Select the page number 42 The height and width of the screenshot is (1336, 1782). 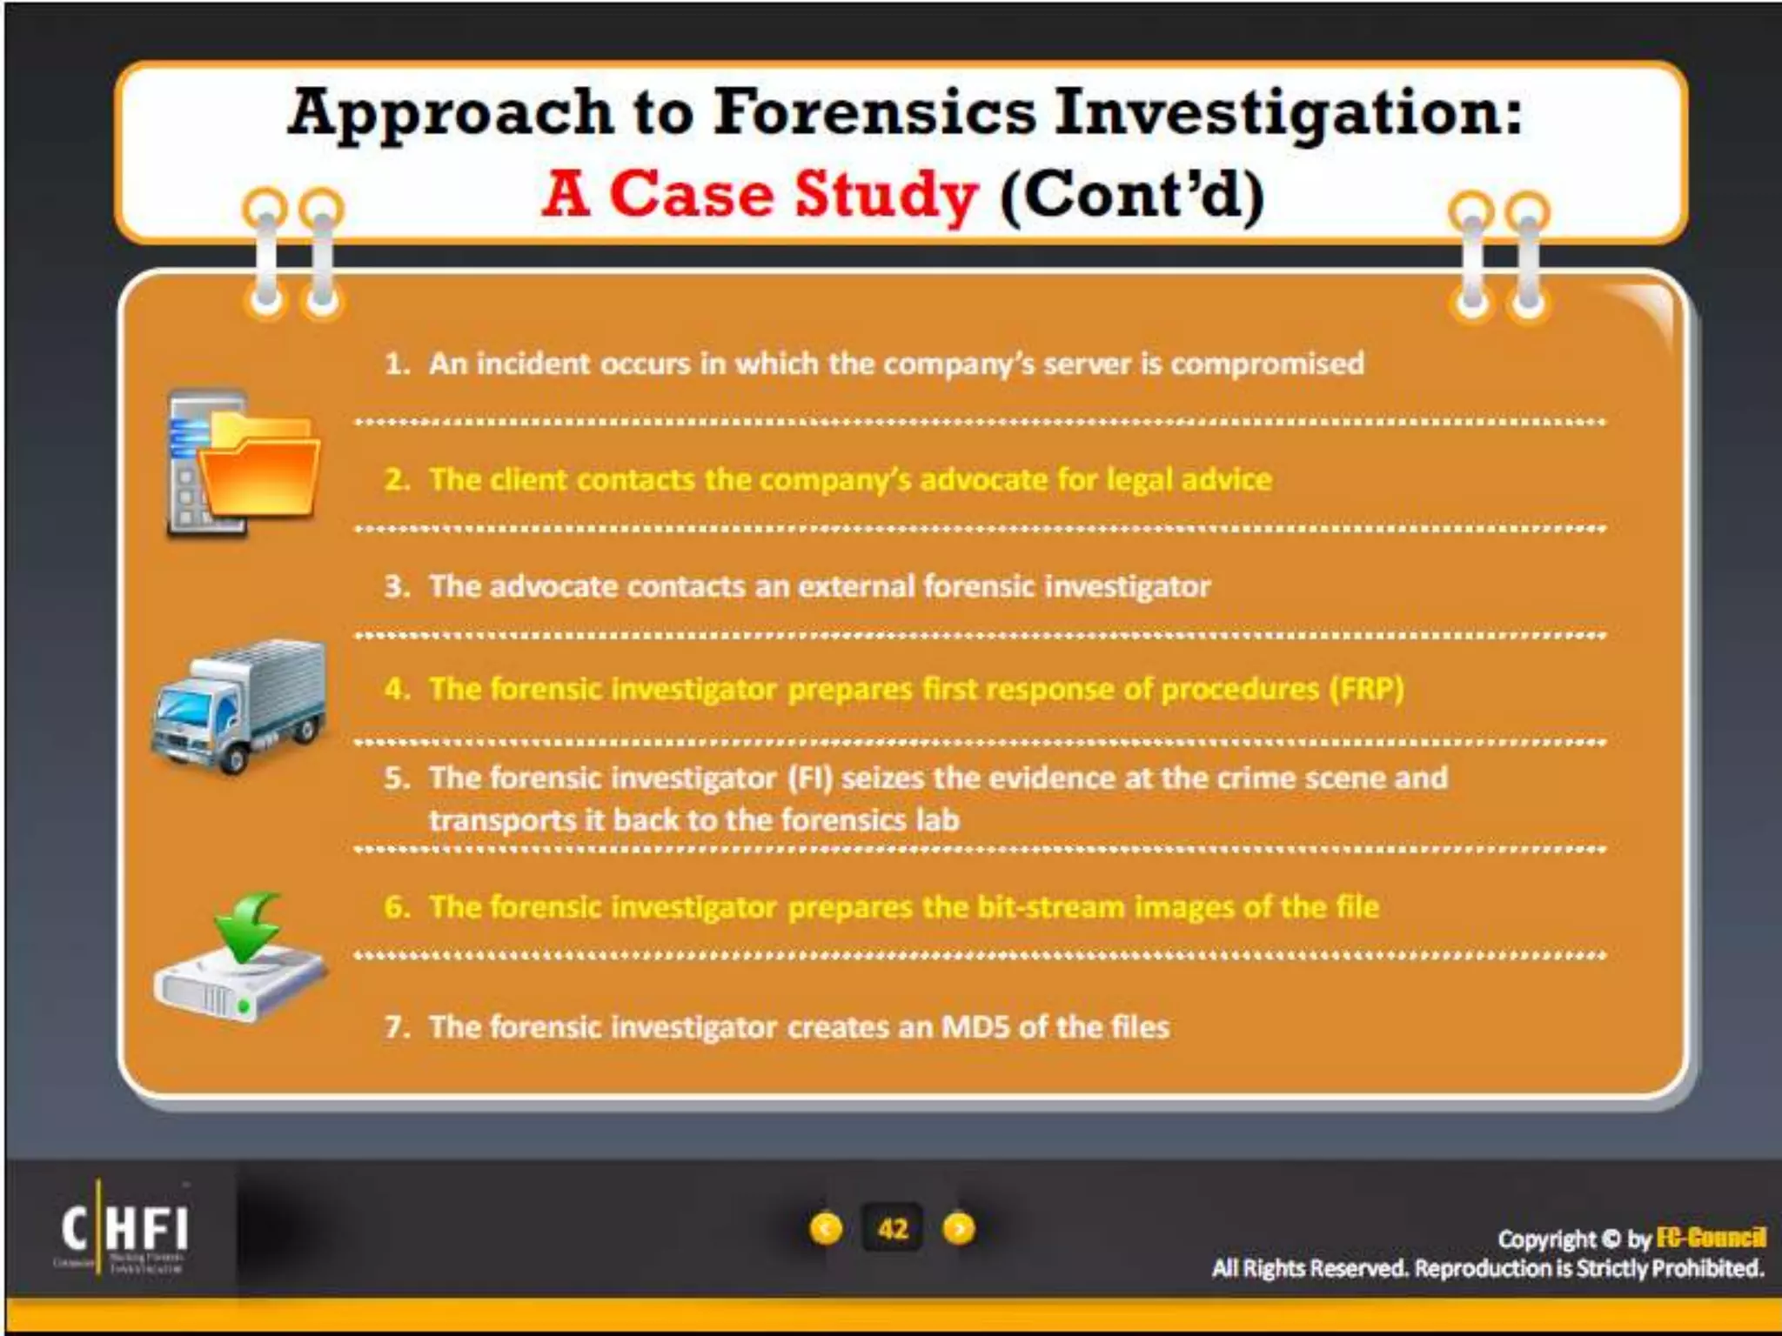point(893,1229)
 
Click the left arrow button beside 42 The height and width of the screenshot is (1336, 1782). point(826,1229)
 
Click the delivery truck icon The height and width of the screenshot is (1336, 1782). point(240,705)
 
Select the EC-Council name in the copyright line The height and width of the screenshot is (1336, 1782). point(1711,1238)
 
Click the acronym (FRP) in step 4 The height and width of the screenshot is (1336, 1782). point(1366,689)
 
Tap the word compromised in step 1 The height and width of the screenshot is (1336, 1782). point(1267,364)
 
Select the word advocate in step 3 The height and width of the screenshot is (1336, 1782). point(553,587)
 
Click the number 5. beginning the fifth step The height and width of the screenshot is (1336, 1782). point(397,778)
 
